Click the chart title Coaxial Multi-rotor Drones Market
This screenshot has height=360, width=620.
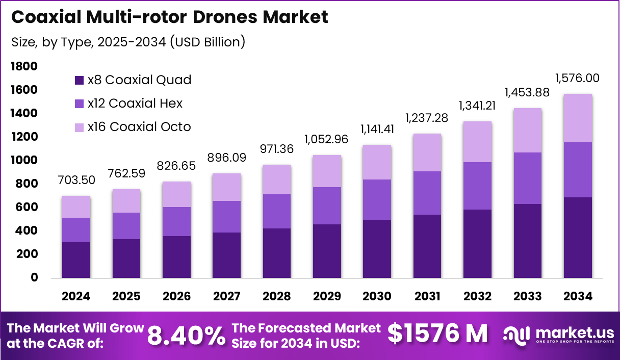(169, 17)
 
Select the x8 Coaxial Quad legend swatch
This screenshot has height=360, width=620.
(79, 80)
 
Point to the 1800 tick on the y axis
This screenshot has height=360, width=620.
(23, 66)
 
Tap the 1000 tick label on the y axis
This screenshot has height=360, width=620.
(23, 160)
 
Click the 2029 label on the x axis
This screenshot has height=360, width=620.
(326, 296)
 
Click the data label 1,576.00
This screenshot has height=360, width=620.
(577, 79)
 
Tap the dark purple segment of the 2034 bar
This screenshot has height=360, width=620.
(578, 237)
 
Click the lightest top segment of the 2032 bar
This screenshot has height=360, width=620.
(477, 142)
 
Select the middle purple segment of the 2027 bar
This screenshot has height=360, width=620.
(226, 217)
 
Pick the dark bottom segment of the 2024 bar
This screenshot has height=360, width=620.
(76, 260)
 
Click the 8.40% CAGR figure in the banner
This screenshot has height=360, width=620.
(187, 336)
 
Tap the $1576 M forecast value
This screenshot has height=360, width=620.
(437, 334)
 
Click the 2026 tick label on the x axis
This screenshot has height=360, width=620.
(176, 296)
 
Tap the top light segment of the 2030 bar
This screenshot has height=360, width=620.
(377, 162)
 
